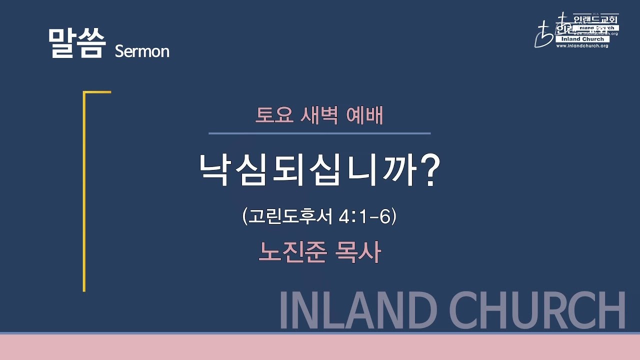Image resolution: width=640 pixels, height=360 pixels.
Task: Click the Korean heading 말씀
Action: pos(77,44)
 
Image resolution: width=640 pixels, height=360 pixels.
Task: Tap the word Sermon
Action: pos(142,51)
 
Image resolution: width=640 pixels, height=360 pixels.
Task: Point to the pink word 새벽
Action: pos(319,116)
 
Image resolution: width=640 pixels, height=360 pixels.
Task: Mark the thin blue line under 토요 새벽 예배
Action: pos(319,133)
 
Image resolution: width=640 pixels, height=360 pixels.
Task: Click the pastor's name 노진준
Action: pos(292,252)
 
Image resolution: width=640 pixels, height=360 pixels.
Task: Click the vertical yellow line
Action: pos(84,200)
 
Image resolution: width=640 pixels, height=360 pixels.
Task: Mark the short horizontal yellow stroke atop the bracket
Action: pos(97,92)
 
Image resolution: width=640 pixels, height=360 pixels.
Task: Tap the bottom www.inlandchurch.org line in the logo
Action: pos(582,46)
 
